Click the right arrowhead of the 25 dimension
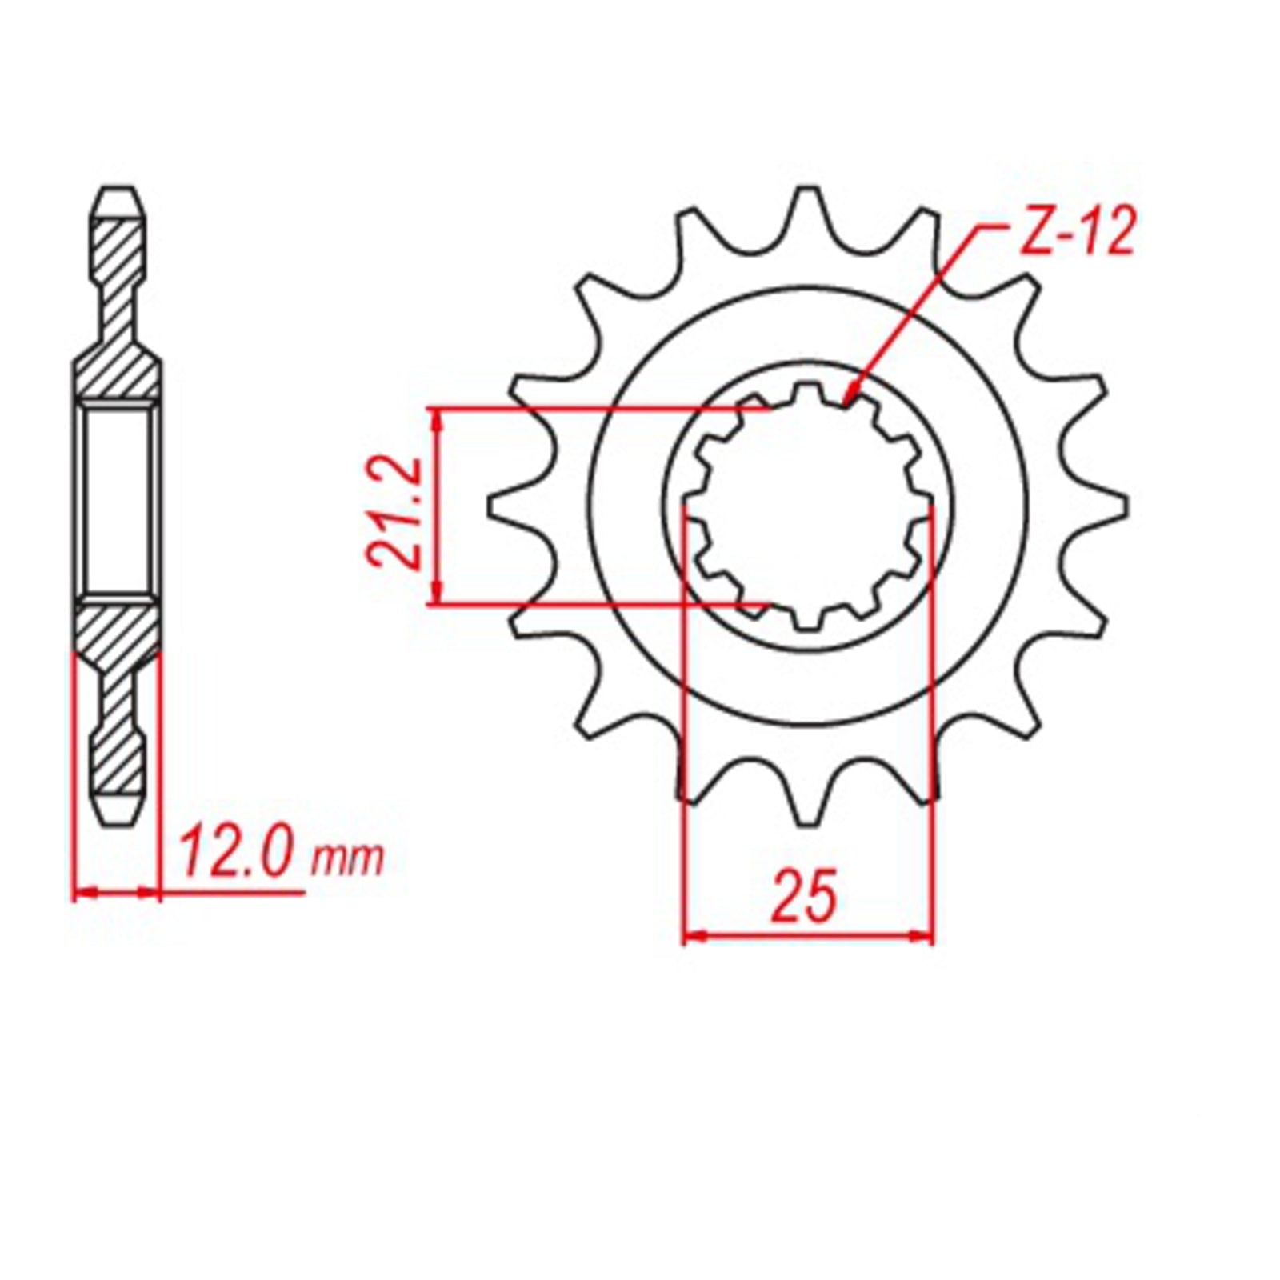(930, 934)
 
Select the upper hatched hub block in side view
(118, 376)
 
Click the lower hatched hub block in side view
(118, 632)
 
